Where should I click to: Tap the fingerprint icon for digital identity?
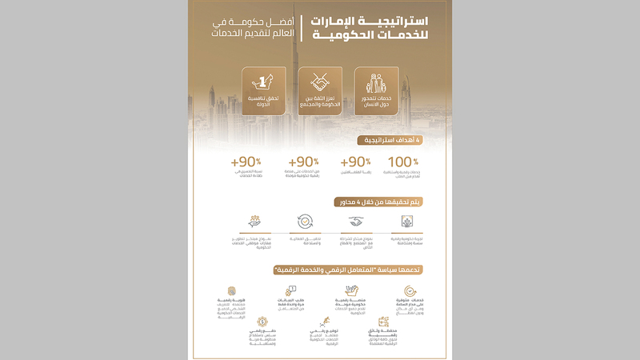[232, 291]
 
